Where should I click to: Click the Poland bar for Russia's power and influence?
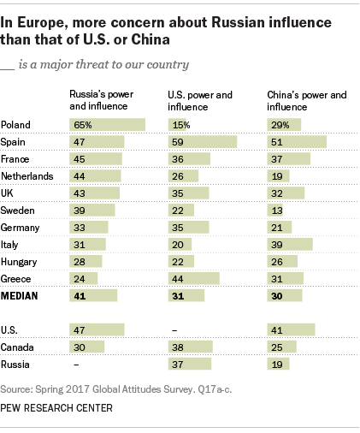(x=107, y=124)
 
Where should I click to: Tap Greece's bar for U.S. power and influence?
(x=192, y=277)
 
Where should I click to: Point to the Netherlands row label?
(x=31, y=175)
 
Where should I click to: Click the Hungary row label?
(x=22, y=261)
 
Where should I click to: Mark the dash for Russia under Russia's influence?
(x=75, y=364)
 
